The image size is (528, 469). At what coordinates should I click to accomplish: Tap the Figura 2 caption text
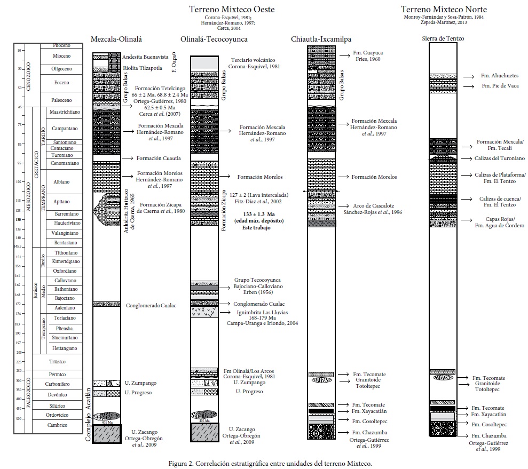point(264,463)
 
